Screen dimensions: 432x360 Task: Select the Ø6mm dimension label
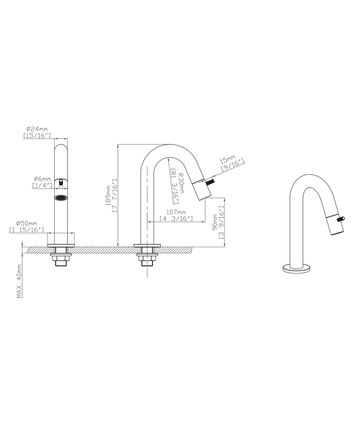42,179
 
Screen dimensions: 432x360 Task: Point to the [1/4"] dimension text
42,185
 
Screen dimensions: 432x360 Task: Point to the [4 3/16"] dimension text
176,219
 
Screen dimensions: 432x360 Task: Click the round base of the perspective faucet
295,267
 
